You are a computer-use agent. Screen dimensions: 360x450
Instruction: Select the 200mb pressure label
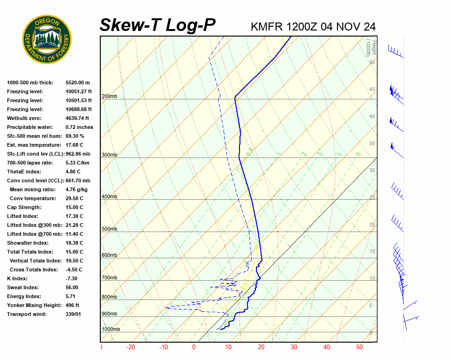[109, 96]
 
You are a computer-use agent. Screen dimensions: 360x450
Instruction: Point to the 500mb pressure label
[109, 229]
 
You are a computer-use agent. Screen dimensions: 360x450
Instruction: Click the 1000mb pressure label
[111, 329]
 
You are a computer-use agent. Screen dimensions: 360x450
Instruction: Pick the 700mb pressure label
[109, 278]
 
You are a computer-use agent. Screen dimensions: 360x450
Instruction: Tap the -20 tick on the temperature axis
[131, 347]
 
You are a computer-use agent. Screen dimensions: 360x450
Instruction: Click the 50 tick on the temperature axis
[360, 347]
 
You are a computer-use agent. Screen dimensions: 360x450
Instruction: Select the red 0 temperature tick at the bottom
[194, 347]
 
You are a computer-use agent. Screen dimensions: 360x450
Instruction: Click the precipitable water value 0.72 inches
[79, 127]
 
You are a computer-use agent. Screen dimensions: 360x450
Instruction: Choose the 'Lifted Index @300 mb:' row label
[35, 225]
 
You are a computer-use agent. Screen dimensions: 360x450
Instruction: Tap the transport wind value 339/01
[73, 314]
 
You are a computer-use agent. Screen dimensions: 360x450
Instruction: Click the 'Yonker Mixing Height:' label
[34, 305]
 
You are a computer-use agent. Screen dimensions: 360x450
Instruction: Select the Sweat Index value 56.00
[72, 287]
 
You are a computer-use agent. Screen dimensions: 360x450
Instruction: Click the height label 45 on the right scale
[372, 90]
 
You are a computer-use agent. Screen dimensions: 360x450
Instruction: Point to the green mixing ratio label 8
[358, 154]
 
